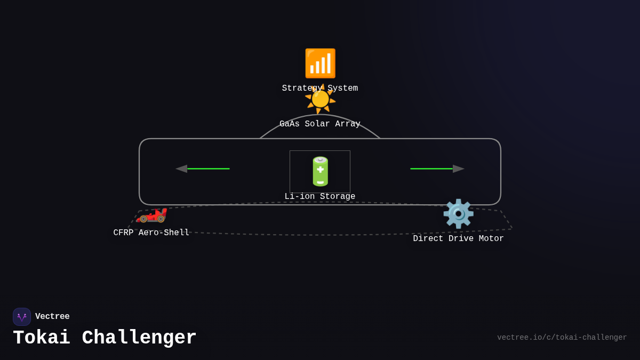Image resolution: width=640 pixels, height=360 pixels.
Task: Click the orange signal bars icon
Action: (x=320, y=63)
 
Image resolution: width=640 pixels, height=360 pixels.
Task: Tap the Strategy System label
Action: (x=320, y=89)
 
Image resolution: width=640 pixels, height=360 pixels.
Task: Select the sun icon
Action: (x=320, y=99)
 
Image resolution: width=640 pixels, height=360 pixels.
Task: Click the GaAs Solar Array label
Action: (x=320, y=124)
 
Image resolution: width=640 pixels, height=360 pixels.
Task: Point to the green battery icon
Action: (x=320, y=171)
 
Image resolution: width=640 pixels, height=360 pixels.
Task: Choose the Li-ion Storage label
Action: (x=320, y=197)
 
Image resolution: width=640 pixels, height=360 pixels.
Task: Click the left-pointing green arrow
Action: (x=203, y=169)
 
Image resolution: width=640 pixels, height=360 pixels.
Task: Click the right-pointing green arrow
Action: (x=437, y=169)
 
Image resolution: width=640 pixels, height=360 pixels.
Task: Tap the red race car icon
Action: (x=151, y=214)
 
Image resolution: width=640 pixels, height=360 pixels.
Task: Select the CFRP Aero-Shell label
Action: (x=151, y=233)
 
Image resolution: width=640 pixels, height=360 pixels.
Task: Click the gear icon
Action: (x=458, y=214)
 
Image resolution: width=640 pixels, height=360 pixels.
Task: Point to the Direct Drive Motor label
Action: (x=459, y=239)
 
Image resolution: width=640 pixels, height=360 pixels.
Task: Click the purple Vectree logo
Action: (x=22, y=317)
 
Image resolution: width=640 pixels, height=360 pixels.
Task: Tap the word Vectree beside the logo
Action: (x=52, y=317)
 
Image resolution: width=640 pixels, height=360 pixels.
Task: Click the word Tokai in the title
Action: (x=42, y=338)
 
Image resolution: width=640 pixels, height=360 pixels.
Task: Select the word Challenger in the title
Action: (x=139, y=338)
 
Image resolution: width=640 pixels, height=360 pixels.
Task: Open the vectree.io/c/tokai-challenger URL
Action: (x=562, y=338)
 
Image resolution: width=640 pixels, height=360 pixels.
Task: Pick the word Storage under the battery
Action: (x=338, y=197)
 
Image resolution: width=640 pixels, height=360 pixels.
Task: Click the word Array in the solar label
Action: (x=348, y=124)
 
